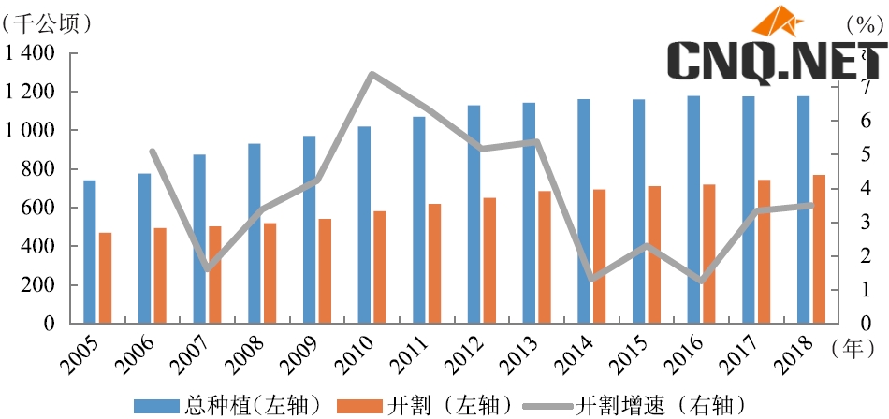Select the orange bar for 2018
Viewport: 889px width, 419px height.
coord(819,248)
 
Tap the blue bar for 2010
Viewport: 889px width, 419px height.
coord(364,224)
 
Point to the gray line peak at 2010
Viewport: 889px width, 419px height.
coord(372,74)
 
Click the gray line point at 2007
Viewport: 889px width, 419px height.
coord(207,269)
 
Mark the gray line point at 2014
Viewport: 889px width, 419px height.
coord(591,279)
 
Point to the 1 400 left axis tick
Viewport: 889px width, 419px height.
coord(30,53)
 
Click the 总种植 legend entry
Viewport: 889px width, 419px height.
coord(229,405)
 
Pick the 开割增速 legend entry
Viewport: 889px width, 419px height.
coord(634,405)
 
